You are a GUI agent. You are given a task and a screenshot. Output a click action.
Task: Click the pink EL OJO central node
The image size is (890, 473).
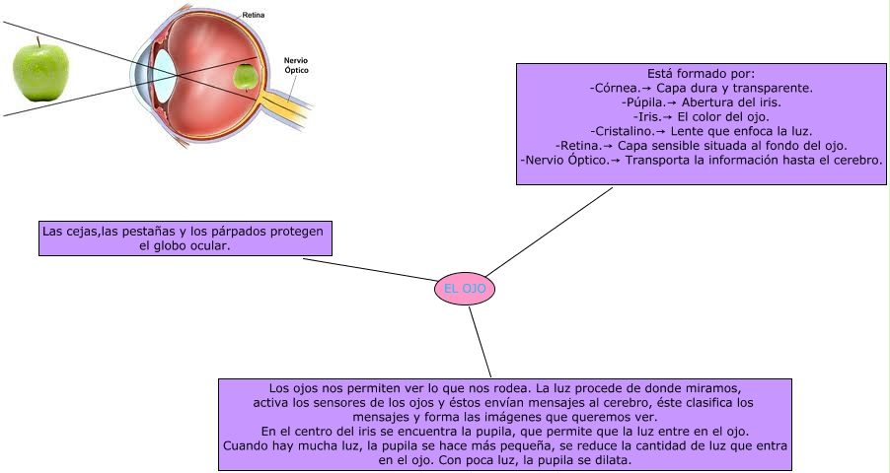464,289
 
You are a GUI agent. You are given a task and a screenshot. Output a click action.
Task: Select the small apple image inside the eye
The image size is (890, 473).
246,75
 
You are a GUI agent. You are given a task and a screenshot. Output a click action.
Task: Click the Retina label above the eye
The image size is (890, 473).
254,16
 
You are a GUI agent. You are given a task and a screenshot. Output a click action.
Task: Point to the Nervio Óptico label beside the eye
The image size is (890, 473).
297,65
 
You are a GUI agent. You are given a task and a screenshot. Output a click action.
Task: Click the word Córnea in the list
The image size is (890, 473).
617,88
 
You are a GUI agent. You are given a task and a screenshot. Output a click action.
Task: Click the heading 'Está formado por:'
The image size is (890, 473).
701,73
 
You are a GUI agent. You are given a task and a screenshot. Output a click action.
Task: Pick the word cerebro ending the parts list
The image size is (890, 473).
855,159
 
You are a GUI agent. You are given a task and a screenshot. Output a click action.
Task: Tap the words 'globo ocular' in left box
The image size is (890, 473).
185,246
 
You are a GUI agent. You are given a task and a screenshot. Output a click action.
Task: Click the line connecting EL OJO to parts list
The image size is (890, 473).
549,233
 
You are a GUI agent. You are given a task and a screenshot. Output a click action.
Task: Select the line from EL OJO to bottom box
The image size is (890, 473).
479,341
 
